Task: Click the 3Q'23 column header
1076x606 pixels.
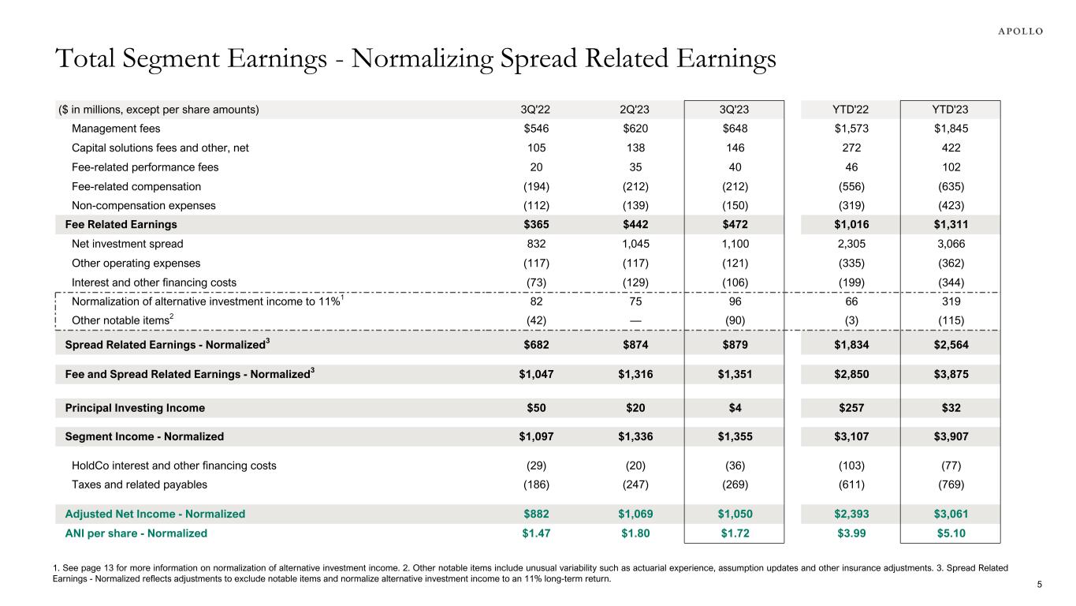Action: click(x=734, y=110)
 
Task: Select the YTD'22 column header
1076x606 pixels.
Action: click(x=851, y=110)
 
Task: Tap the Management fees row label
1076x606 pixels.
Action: click(x=116, y=129)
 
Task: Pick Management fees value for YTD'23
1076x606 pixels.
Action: click(x=950, y=129)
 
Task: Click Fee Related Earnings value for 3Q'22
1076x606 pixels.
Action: click(x=535, y=225)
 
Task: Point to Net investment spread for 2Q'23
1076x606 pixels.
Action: click(x=635, y=244)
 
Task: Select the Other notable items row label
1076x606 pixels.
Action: click(x=121, y=320)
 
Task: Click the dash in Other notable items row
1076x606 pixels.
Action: click(x=635, y=320)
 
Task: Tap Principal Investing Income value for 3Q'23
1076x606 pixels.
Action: click(x=734, y=408)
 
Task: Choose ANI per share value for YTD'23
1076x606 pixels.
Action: click(x=950, y=533)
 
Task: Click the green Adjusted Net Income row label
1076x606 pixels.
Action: click(x=155, y=514)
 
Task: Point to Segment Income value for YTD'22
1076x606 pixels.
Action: click(x=851, y=436)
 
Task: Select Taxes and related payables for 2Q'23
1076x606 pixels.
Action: click(x=635, y=484)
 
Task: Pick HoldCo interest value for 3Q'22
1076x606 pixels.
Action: click(x=535, y=466)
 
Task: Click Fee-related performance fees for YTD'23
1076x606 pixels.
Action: click(x=950, y=167)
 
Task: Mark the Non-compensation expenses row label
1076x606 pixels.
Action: click(x=143, y=205)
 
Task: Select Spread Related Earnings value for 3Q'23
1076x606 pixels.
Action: click(x=734, y=344)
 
